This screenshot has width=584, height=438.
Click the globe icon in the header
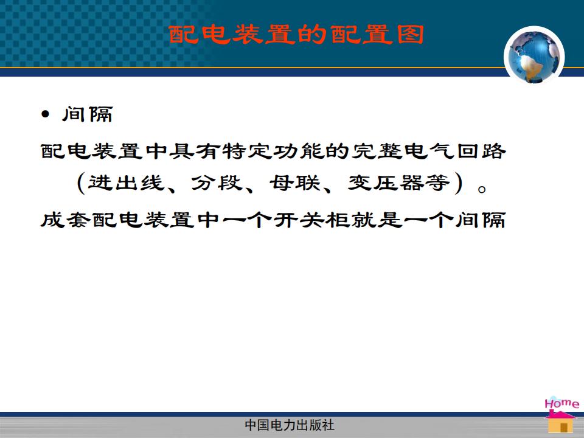[x=534, y=55]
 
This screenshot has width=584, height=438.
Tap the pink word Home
[x=561, y=403]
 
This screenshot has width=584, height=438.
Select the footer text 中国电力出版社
[x=290, y=425]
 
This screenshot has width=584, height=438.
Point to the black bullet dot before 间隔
[x=46, y=114]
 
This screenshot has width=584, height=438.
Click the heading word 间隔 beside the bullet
[x=88, y=114]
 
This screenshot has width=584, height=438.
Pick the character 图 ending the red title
[x=411, y=35]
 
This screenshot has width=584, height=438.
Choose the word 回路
[x=481, y=151]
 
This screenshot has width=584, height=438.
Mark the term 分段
[x=217, y=183]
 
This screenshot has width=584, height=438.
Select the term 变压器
[x=386, y=183]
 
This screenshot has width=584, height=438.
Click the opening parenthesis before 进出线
[x=81, y=183]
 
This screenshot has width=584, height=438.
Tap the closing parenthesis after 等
[x=459, y=183]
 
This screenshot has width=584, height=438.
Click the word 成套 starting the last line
[x=66, y=220]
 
